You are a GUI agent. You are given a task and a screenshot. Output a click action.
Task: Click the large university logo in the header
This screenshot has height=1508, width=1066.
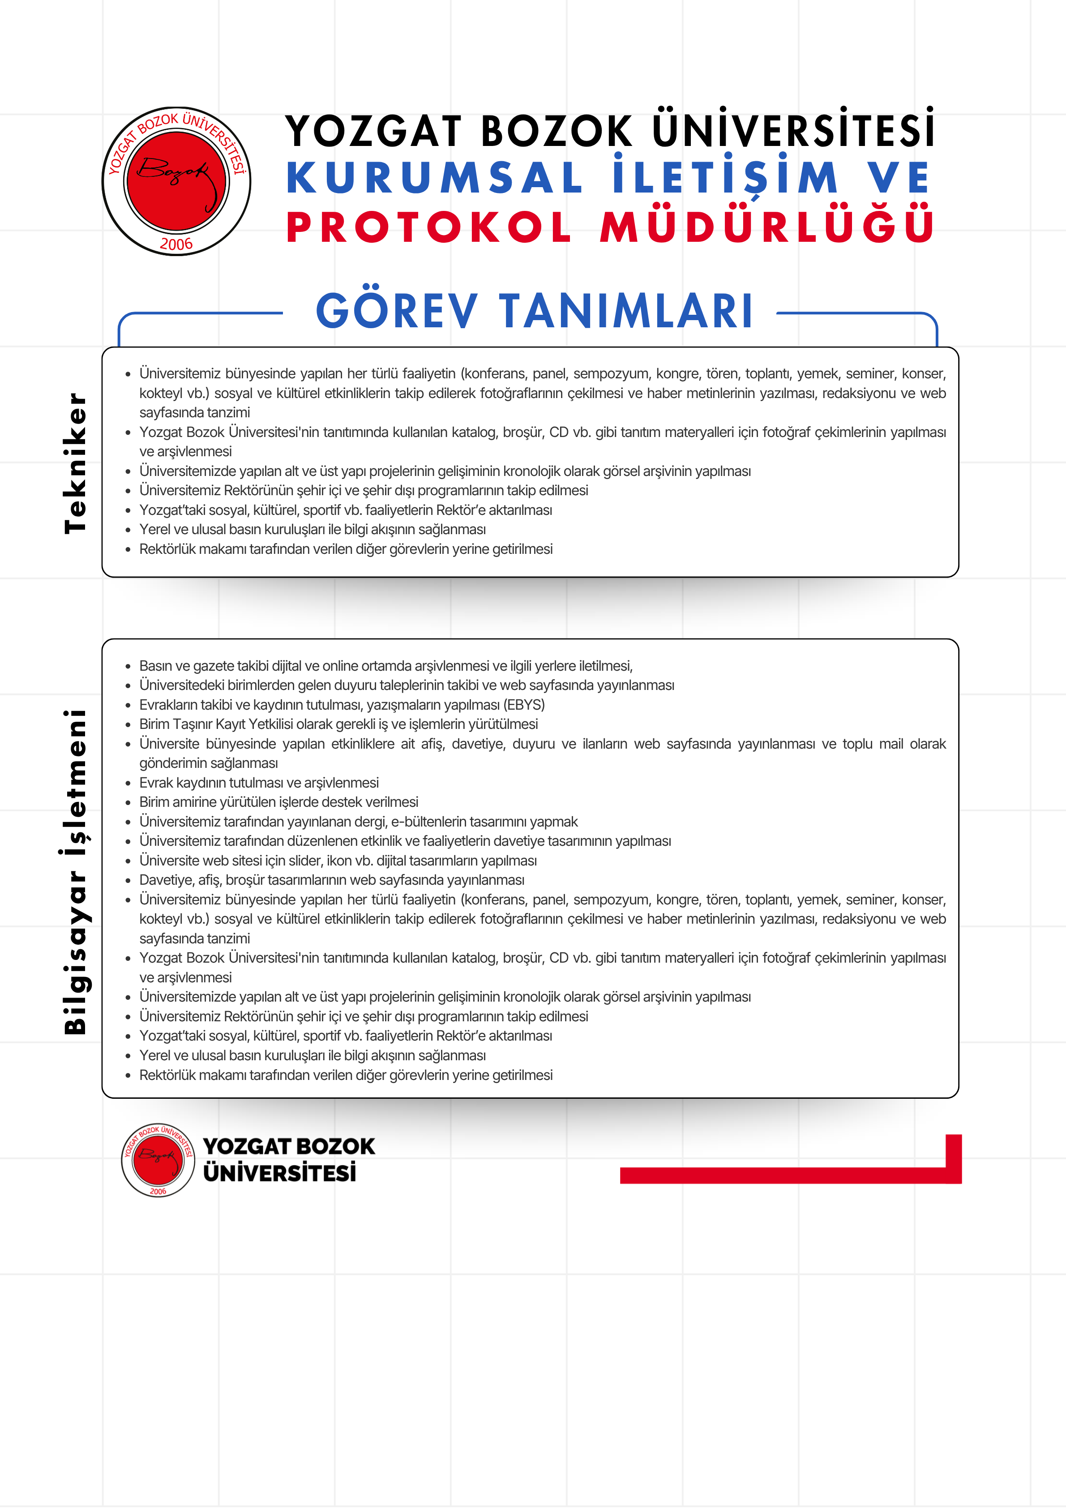(176, 181)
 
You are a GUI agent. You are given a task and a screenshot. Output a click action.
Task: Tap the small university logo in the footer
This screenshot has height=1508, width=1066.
(158, 1160)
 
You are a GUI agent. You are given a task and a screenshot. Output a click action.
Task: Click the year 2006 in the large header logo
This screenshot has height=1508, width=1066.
(176, 244)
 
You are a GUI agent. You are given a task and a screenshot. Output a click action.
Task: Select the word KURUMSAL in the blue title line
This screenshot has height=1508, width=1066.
(434, 178)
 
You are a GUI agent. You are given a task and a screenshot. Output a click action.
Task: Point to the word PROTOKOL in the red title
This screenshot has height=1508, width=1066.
(429, 228)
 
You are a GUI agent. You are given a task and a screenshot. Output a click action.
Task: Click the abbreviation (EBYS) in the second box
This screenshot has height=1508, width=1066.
(524, 705)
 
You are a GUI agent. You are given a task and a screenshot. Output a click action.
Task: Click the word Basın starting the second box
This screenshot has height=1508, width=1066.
(156, 666)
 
